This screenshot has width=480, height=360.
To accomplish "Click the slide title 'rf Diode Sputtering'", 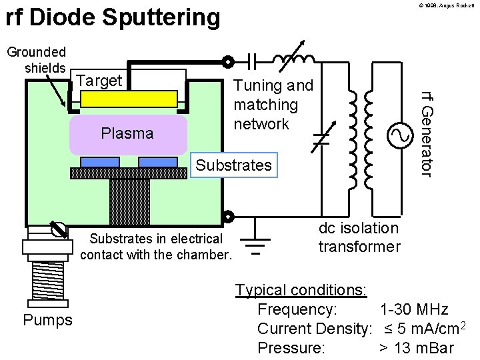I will tap(113, 18).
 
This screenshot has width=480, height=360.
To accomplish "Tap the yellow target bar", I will tap(129, 99).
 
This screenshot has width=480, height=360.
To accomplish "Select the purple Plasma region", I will tap(127, 133).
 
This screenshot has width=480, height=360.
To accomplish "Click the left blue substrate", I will tap(100, 162).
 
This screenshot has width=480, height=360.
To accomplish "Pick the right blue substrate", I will tap(158, 162).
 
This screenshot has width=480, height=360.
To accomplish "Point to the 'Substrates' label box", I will tap(234, 165).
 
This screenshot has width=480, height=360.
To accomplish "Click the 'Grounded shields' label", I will tap(36, 60).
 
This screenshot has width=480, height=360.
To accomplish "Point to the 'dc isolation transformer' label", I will tap(359, 237).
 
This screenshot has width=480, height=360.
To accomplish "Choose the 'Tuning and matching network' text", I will tap(273, 105).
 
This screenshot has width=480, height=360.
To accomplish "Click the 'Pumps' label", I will tap(47, 320).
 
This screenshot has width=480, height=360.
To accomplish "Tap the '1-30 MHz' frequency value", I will tap(413, 309).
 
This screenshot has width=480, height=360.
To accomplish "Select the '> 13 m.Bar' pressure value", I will tap(416, 348).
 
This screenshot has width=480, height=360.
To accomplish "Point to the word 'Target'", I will tap(100, 81).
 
